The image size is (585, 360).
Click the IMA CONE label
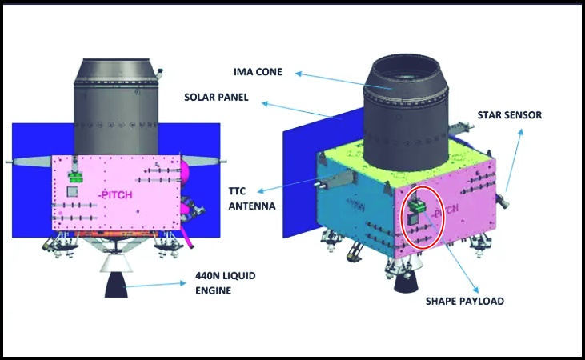(258, 72)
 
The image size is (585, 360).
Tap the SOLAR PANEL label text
(216, 98)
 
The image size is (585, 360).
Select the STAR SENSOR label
(510, 115)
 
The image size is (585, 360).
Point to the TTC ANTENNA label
(252, 198)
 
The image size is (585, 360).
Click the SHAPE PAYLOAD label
(465, 301)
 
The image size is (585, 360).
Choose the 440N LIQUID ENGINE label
(226, 283)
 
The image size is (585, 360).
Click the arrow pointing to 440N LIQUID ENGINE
(154, 285)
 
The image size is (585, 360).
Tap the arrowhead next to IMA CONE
(298, 74)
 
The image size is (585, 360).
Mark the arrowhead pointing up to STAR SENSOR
(520, 132)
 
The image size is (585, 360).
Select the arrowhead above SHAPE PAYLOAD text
(475, 290)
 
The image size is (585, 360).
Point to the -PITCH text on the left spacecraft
(115, 195)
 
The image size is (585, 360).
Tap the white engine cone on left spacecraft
(116, 263)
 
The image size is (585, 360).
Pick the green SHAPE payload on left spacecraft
(75, 176)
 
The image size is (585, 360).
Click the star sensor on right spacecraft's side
(503, 202)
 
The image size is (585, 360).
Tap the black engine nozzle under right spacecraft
(406, 283)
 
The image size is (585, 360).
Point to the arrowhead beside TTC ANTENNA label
(261, 191)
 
